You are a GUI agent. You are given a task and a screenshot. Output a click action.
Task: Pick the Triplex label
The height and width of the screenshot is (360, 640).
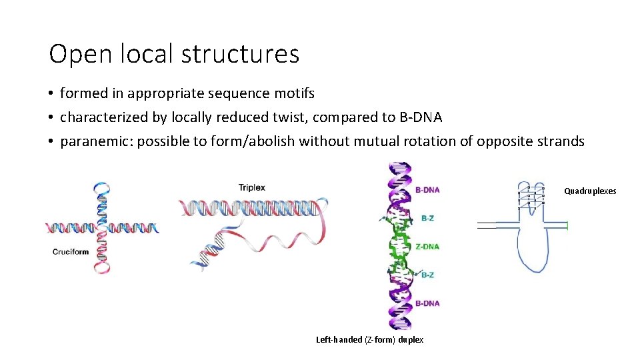251,187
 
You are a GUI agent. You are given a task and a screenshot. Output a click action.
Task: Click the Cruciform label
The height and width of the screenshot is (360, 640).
71,251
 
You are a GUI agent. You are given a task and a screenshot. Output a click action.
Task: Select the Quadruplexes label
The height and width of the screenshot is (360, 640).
590,191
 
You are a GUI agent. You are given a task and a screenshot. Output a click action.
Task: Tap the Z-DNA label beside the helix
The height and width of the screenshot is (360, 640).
427,247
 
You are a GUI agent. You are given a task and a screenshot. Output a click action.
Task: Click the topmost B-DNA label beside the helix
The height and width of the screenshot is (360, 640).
427,190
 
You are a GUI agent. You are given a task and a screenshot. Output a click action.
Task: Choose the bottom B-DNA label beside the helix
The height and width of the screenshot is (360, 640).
427,303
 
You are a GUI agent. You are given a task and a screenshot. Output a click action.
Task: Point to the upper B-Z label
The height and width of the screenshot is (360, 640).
427,218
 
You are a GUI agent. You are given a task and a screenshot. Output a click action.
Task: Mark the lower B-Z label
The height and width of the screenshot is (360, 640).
427,275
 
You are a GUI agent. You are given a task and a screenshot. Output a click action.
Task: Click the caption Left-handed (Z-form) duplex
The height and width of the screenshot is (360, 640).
369,340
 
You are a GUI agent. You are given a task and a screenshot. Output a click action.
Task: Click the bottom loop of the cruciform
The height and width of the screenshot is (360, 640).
102,267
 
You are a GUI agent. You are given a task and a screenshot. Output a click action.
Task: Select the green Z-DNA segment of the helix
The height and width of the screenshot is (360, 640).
400,247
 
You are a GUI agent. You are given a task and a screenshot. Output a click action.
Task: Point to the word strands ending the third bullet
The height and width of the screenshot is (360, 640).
561,141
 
